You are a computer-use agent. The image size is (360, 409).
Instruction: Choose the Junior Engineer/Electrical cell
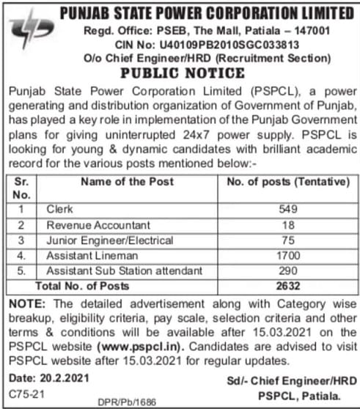101,240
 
